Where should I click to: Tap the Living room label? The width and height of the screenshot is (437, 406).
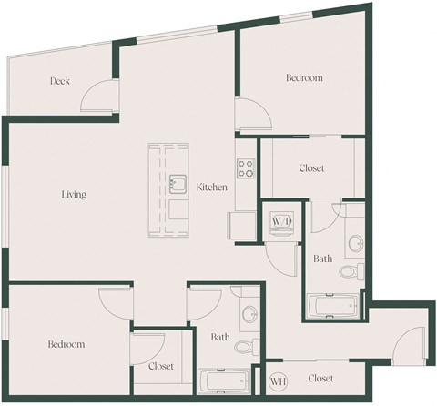pyautogui.click(x=74, y=195)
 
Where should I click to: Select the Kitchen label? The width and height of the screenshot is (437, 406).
pyautogui.click(x=212, y=187)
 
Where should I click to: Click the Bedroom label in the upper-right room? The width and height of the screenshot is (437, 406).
pyautogui.click(x=304, y=78)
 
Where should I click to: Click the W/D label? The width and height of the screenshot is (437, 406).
pyautogui.click(x=280, y=221)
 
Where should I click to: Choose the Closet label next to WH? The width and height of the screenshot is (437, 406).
pyautogui.click(x=320, y=378)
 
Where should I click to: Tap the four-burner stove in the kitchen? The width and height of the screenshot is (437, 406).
pyautogui.click(x=246, y=168)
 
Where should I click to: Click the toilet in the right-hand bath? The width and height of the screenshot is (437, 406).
pyautogui.click(x=351, y=270)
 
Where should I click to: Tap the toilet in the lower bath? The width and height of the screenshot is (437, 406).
pyautogui.click(x=245, y=347)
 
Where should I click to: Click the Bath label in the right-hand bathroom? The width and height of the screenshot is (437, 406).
pyautogui.click(x=322, y=259)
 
